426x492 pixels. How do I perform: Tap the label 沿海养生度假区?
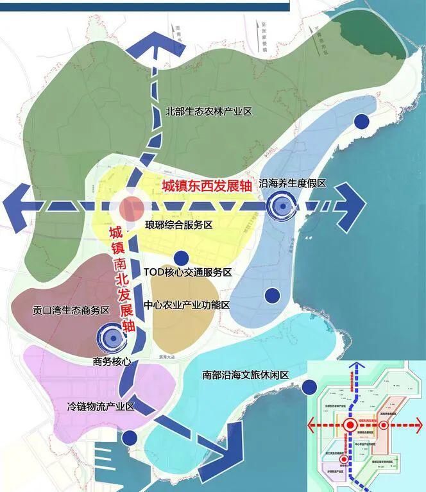(292, 183)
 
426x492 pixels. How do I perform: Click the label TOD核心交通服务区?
(187, 273)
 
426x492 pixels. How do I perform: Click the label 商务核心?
(112, 361)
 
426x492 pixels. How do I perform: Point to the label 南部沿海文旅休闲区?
(246, 375)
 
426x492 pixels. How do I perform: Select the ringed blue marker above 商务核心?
(111, 335)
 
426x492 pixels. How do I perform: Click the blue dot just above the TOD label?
(182, 258)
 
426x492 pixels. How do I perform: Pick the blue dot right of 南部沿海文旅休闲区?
(311, 387)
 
